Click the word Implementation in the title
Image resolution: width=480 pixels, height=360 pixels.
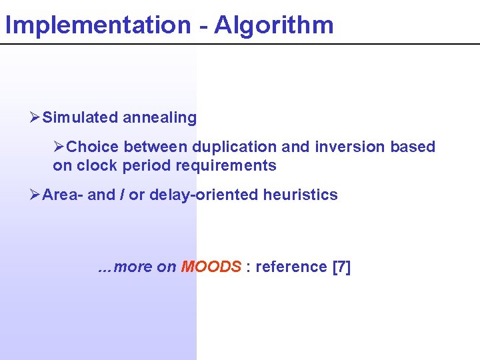pos(97,25)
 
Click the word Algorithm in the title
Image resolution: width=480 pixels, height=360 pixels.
pos(275,25)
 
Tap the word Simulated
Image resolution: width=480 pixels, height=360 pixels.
pos(80,118)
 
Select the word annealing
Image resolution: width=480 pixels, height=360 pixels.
pos(159,118)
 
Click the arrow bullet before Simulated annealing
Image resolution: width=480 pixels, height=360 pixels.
pos(35,118)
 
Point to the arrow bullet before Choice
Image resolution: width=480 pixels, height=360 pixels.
pos(59,147)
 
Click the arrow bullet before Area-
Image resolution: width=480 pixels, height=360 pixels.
pos(35,195)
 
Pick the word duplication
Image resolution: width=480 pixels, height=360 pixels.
pos(233,147)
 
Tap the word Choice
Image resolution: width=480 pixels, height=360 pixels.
pos(93,147)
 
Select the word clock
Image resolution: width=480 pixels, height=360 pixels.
pos(95,165)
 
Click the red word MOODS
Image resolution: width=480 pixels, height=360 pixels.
pos(211,267)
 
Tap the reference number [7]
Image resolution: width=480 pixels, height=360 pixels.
pos(341,267)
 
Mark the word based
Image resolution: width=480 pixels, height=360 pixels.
pos(413,147)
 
